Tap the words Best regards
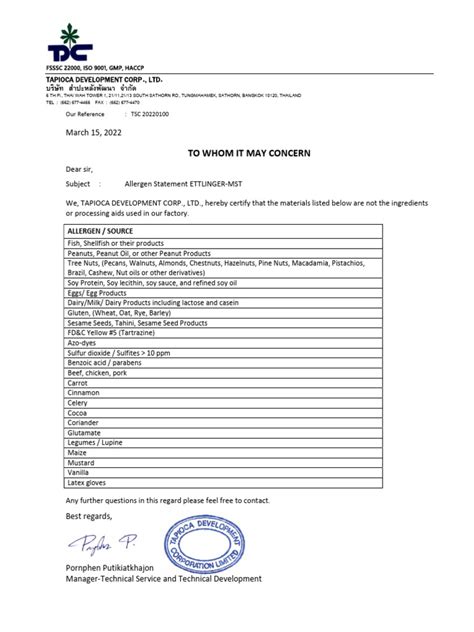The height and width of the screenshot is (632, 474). pos(89,516)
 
